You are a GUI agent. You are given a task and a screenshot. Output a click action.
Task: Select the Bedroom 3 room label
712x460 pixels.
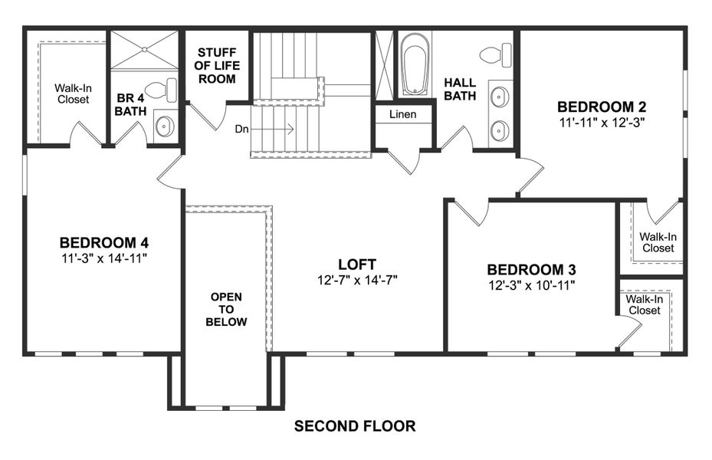pyautogui.click(x=531, y=270)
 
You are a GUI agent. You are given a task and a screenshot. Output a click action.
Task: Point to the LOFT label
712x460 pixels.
pyautogui.click(x=357, y=265)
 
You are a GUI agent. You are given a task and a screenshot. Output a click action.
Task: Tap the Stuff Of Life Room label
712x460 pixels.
pyautogui.click(x=217, y=65)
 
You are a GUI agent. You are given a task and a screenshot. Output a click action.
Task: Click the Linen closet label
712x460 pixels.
pyautogui.click(x=402, y=114)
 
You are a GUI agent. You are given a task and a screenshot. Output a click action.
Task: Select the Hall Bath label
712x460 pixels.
pyautogui.click(x=460, y=89)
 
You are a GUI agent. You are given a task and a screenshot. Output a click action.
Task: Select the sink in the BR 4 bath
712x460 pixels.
pyautogui.click(x=165, y=127)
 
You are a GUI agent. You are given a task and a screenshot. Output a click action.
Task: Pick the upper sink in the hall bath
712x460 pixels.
pyautogui.click(x=500, y=97)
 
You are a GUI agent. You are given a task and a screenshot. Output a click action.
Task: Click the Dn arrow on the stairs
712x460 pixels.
pyautogui.click(x=272, y=130)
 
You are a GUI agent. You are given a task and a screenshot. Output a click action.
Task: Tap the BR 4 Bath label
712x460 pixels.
pyautogui.click(x=130, y=105)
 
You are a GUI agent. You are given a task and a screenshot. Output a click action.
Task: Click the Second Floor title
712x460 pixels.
pyautogui.click(x=355, y=426)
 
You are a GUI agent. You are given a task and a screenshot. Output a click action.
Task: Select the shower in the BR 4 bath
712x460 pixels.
pyautogui.click(x=143, y=51)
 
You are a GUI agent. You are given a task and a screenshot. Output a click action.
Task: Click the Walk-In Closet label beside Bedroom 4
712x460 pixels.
pyautogui.click(x=71, y=94)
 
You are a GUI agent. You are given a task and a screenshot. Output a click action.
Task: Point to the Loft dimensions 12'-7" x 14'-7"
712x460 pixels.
pyautogui.click(x=357, y=280)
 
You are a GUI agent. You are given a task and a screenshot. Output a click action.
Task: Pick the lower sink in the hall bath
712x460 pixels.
pyautogui.click(x=500, y=130)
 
